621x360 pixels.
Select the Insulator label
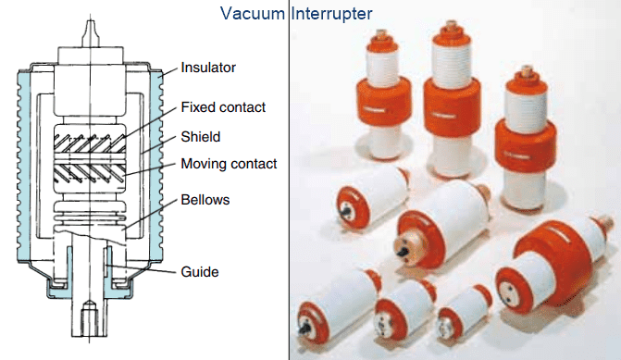[208, 67]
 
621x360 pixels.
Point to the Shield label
[201, 136]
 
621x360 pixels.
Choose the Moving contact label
[230, 164]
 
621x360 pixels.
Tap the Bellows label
[206, 200]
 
